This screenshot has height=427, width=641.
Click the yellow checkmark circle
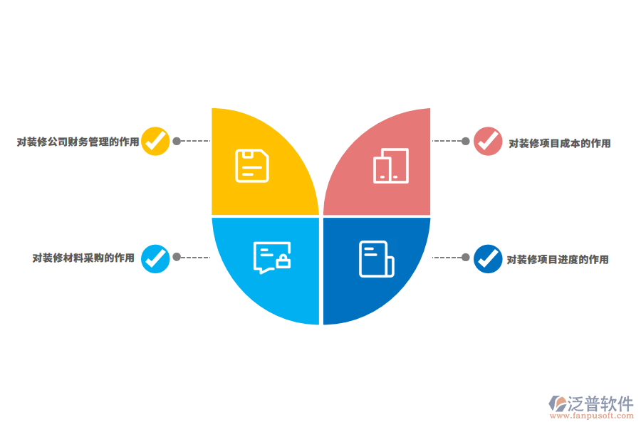click(x=155, y=142)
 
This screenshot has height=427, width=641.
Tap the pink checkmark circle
click(x=488, y=142)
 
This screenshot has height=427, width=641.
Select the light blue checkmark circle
click(x=155, y=258)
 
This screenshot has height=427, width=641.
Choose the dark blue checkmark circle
click(x=488, y=258)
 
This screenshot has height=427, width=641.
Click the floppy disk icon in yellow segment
click(x=252, y=166)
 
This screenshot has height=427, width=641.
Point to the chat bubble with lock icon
click(x=272, y=258)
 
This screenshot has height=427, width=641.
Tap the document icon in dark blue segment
click(x=377, y=259)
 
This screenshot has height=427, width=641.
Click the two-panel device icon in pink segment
click(x=391, y=166)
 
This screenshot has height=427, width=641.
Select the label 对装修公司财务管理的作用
click(x=78, y=142)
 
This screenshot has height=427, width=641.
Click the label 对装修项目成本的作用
click(x=560, y=144)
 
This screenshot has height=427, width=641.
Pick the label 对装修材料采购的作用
click(x=83, y=258)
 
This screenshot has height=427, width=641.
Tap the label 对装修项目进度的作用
click(x=558, y=260)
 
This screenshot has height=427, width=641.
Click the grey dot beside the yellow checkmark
click(x=177, y=141)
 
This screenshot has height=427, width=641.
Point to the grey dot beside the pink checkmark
click(x=466, y=141)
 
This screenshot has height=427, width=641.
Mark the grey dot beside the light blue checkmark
click(x=177, y=257)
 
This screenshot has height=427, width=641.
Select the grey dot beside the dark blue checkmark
click(x=466, y=257)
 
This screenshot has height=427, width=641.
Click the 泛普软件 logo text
click(x=600, y=404)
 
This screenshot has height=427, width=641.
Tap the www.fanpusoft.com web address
click(x=592, y=416)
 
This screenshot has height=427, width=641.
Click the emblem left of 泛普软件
click(x=557, y=404)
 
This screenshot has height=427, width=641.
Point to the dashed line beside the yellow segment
click(x=195, y=141)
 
